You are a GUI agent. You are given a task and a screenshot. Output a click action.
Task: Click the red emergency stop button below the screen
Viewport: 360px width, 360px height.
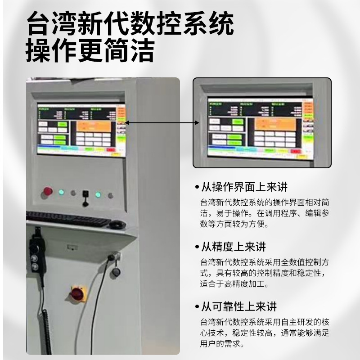pyautogui.click(x=48, y=192)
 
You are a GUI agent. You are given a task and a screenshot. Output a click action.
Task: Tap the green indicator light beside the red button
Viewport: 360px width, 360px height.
pyautogui.click(x=61, y=193)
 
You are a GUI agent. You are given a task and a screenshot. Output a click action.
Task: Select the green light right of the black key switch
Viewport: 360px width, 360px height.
pyautogui.click(x=98, y=195)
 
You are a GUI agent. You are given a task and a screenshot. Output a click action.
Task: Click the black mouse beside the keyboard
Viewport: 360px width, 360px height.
pyautogui.click(x=117, y=224)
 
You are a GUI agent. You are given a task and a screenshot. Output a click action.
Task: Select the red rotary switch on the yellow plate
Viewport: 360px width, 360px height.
pyautogui.click(x=77, y=294)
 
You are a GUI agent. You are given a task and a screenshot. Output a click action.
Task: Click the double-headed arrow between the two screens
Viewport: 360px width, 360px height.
pyautogui.click(x=162, y=122)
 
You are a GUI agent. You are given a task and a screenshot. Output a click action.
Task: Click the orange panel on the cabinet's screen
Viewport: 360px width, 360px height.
pyautogui.click(x=93, y=126)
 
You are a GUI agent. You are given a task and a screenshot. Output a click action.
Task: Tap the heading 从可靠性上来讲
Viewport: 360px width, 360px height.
pyautogui.click(x=238, y=307)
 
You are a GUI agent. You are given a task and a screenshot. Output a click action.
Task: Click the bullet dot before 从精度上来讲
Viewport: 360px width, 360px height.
pyautogui.click(x=197, y=247)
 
